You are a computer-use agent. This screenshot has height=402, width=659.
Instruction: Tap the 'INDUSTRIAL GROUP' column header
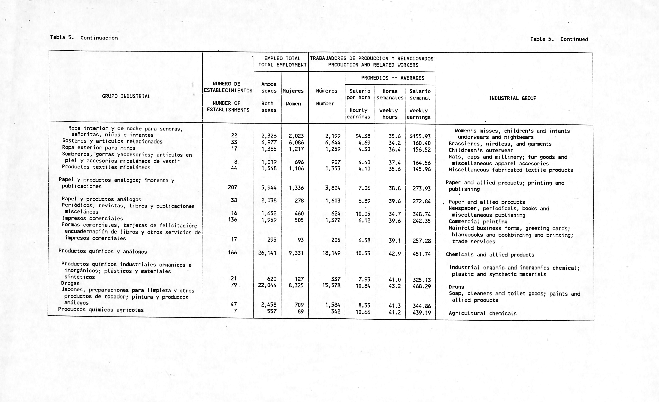512,98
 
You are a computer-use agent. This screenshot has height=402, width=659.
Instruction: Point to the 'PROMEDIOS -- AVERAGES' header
393,78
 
